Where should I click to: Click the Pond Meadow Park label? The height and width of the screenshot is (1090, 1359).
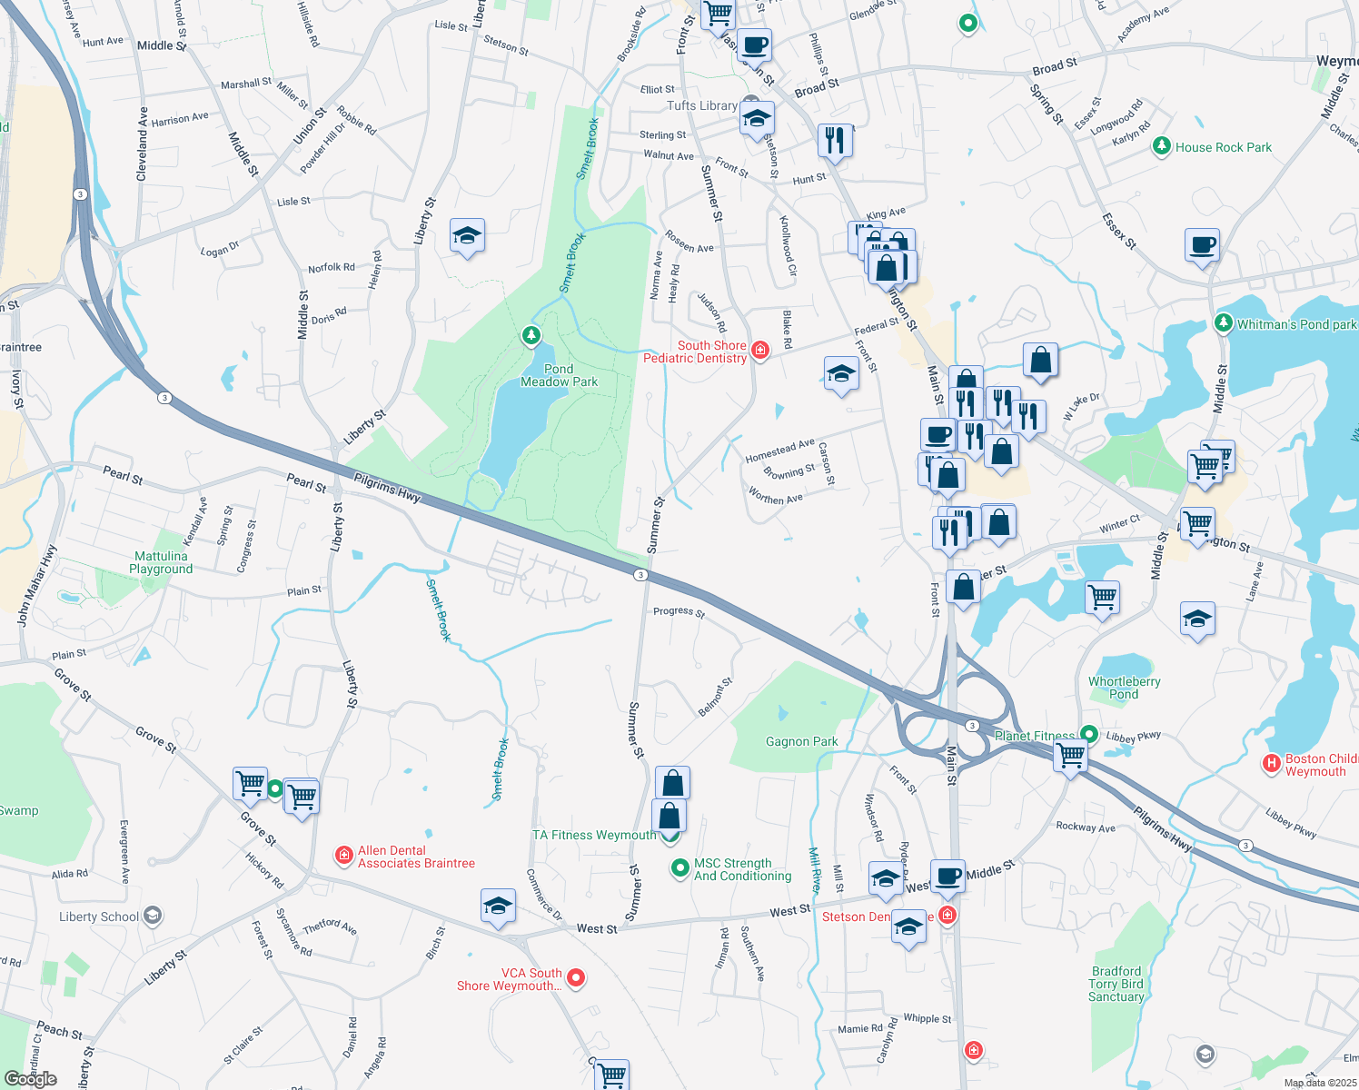pyautogui.click(x=559, y=375)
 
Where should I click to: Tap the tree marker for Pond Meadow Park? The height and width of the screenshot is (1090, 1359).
pyautogui.click(x=531, y=337)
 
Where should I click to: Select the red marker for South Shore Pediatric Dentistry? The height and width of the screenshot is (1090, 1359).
pyautogui.click(x=760, y=350)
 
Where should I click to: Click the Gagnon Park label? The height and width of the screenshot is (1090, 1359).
pyautogui.click(x=801, y=741)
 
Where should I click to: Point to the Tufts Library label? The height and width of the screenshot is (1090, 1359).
pyautogui.click(x=702, y=105)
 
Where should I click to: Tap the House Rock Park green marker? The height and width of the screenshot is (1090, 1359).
pyautogui.click(x=1161, y=146)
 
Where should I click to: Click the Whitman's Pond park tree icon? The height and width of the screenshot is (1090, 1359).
pyautogui.click(x=1223, y=323)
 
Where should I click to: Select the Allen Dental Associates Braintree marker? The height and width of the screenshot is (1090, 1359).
pyautogui.click(x=344, y=855)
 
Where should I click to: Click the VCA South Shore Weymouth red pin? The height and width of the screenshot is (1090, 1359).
pyautogui.click(x=576, y=977)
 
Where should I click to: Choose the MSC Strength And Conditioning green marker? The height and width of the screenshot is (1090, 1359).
pyautogui.click(x=679, y=868)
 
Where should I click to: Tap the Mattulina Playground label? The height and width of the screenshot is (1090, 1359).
pyautogui.click(x=161, y=562)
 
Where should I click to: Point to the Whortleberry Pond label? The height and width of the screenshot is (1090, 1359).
pyautogui.click(x=1124, y=688)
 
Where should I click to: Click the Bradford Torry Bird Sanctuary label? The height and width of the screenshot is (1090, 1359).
pyautogui.click(x=1116, y=984)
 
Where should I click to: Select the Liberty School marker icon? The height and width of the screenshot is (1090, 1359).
pyautogui.click(x=153, y=916)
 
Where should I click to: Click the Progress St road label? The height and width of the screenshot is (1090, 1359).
pyautogui.click(x=679, y=611)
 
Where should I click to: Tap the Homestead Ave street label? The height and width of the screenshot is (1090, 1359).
pyautogui.click(x=779, y=450)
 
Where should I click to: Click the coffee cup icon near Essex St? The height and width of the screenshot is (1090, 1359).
pyautogui.click(x=1202, y=245)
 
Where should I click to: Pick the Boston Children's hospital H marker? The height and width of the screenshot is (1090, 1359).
pyautogui.click(x=1272, y=764)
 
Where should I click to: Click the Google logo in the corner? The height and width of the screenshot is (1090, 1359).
pyautogui.click(x=31, y=1078)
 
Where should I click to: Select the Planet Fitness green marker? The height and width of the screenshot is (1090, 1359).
pyautogui.click(x=1088, y=735)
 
